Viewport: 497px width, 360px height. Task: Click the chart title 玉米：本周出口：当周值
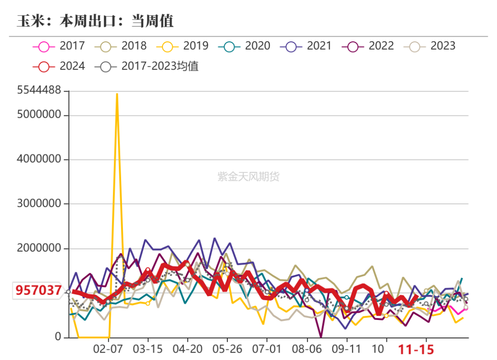tap(95, 21)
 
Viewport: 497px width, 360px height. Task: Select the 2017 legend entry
tap(59, 46)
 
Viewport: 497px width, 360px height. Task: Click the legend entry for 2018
tap(121, 46)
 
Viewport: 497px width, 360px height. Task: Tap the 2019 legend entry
tap(182, 46)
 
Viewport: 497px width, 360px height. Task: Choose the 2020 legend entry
tap(244, 46)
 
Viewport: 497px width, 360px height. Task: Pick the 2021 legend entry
tap(306, 46)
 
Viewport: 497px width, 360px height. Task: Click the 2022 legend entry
tap(368, 46)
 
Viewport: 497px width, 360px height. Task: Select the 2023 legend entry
tap(430, 46)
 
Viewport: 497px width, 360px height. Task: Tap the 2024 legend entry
tap(59, 66)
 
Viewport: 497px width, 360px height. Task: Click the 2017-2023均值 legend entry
tap(147, 66)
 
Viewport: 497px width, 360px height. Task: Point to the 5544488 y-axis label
tap(39, 91)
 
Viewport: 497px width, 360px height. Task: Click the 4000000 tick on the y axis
tap(39, 160)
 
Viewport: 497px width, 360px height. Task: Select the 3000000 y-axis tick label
tap(39, 204)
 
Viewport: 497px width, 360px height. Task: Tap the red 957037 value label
tap(39, 290)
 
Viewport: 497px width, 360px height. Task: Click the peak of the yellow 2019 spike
tap(117, 94)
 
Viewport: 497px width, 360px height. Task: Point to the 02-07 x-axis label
tap(108, 349)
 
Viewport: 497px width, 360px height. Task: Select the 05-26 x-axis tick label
tap(227, 349)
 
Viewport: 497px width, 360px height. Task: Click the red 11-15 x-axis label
tap(416, 350)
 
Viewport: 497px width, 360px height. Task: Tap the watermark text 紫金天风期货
tap(248, 177)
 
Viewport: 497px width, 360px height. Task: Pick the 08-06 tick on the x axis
tap(306, 349)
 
